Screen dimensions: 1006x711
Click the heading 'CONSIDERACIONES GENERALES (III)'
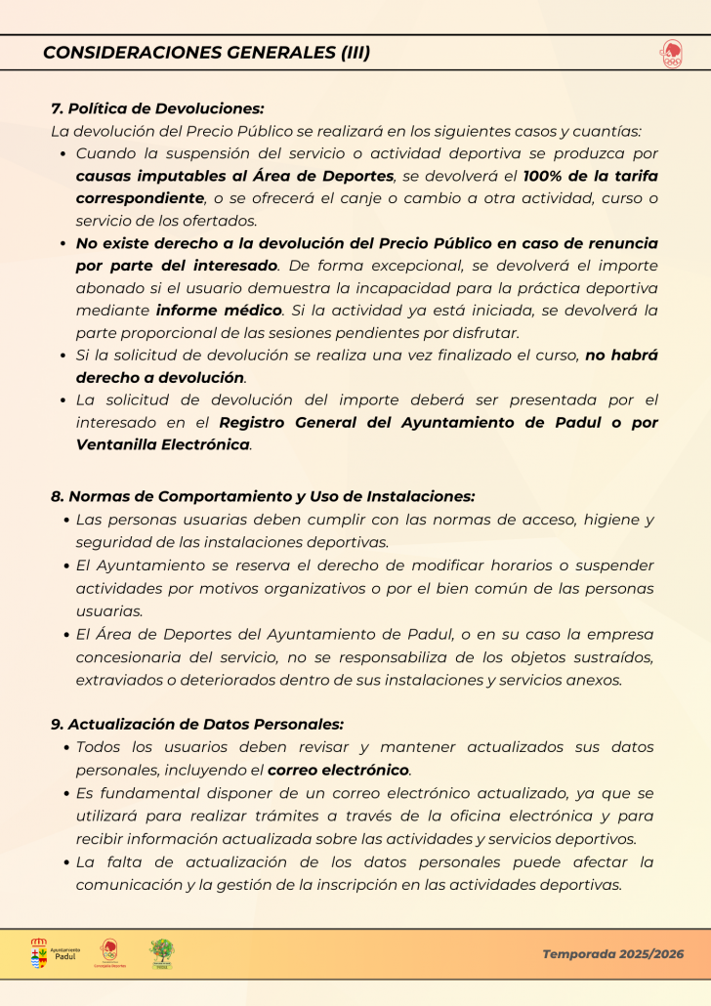point(206,53)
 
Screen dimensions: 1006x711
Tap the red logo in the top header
point(671,54)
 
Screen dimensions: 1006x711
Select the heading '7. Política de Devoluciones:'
point(157,109)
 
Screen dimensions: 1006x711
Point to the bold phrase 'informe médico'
point(219,310)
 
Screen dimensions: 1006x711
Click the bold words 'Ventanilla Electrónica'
point(163,444)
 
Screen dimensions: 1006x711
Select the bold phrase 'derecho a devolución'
point(160,377)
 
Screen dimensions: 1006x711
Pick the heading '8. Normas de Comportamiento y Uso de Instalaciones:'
point(263,496)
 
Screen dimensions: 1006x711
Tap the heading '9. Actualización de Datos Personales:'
point(197,724)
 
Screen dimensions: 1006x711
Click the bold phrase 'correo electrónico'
point(338,770)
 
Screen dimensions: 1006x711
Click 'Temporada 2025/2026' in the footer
point(613,954)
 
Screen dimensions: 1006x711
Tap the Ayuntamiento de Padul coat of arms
point(39,953)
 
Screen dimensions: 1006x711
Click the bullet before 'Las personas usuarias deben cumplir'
point(65,521)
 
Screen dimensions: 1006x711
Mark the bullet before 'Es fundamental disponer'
point(65,794)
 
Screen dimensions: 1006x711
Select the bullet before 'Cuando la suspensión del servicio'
point(63,154)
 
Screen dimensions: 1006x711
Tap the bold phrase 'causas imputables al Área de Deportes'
point(235,176)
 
